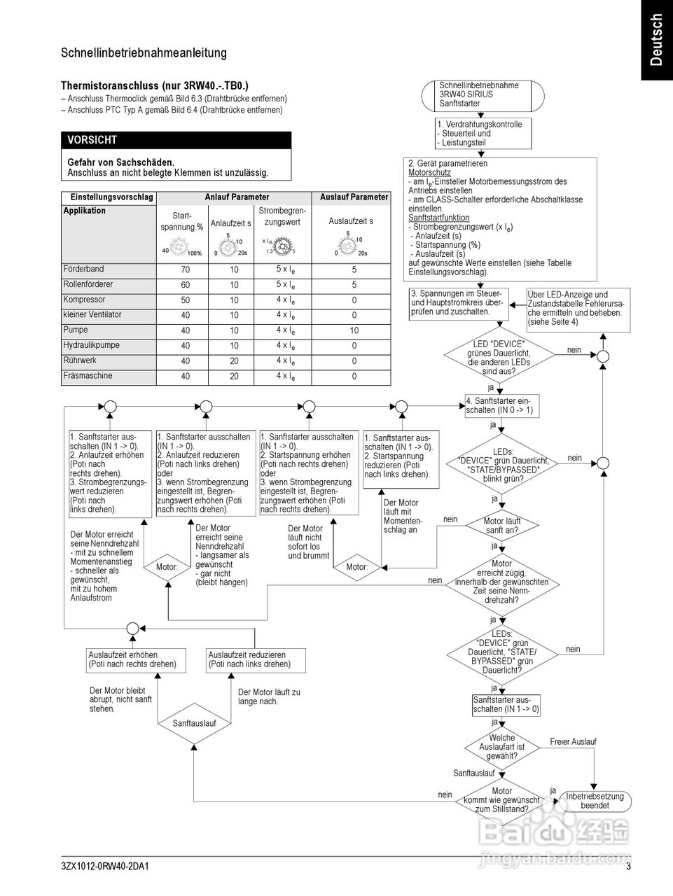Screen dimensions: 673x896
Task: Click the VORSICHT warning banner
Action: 176,140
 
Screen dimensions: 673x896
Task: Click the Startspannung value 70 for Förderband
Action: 186,269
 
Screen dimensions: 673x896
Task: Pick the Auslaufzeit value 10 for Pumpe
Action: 354,330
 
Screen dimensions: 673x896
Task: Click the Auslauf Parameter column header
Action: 354,197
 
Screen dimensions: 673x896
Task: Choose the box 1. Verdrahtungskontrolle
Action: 483,133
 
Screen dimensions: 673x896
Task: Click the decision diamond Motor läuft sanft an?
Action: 502,525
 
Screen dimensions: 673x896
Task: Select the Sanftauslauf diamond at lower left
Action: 194,723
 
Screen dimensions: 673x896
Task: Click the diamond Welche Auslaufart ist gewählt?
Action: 501,747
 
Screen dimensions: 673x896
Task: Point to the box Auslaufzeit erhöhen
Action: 132,659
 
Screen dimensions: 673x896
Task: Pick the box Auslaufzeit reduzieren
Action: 249,659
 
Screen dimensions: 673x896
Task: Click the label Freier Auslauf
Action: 573,742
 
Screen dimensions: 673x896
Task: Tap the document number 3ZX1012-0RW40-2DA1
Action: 105,867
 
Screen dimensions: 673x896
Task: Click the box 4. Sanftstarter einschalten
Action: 501,406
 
